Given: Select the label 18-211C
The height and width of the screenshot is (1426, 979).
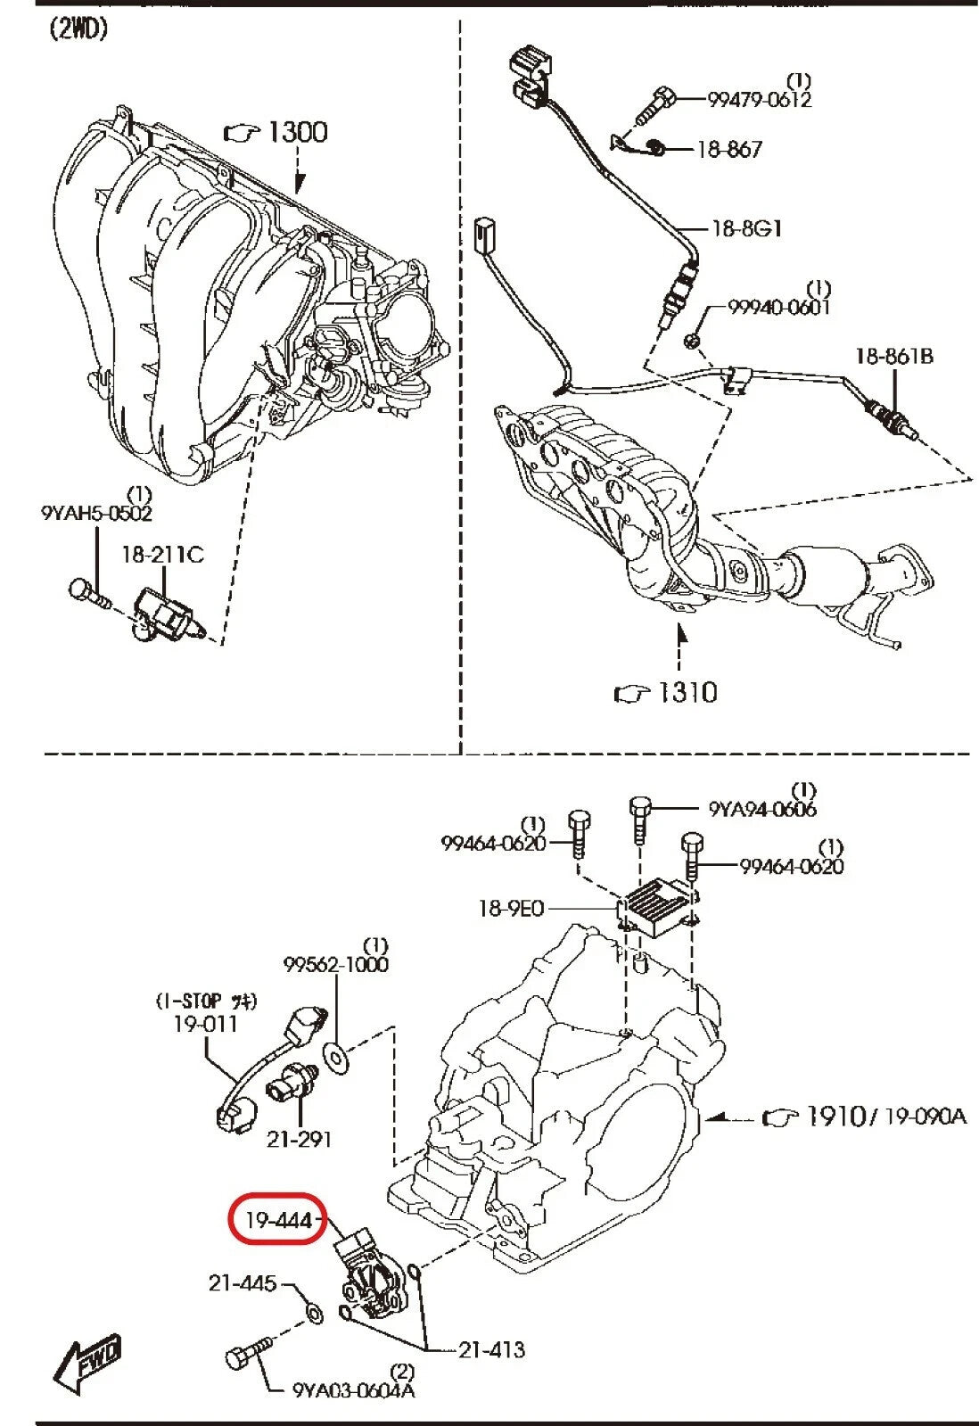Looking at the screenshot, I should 162,555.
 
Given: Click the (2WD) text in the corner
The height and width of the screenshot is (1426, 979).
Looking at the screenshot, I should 78,29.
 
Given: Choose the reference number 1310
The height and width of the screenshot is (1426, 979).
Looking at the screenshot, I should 687,691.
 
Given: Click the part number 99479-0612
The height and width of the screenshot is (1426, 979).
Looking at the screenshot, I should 760,100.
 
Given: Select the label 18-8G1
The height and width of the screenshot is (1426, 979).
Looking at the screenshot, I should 746,228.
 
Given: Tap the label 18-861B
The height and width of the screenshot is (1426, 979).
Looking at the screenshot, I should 894,357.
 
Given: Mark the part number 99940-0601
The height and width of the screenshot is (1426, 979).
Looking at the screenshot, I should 778,308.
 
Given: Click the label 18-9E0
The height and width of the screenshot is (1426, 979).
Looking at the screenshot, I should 511,909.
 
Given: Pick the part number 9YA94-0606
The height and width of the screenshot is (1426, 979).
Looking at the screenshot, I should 762,809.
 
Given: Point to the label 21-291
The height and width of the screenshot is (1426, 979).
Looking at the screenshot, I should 300,1139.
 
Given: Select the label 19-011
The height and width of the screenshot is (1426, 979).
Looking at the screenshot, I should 206,1024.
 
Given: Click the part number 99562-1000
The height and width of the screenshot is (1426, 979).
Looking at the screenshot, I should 336,964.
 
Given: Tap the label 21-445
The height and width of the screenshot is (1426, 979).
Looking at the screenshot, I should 243,1282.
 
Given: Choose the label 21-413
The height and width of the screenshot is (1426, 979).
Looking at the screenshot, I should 491,1349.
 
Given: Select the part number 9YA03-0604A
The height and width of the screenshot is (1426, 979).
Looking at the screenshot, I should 353,1389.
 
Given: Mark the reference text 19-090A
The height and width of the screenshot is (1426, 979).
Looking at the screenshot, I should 925,1116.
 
